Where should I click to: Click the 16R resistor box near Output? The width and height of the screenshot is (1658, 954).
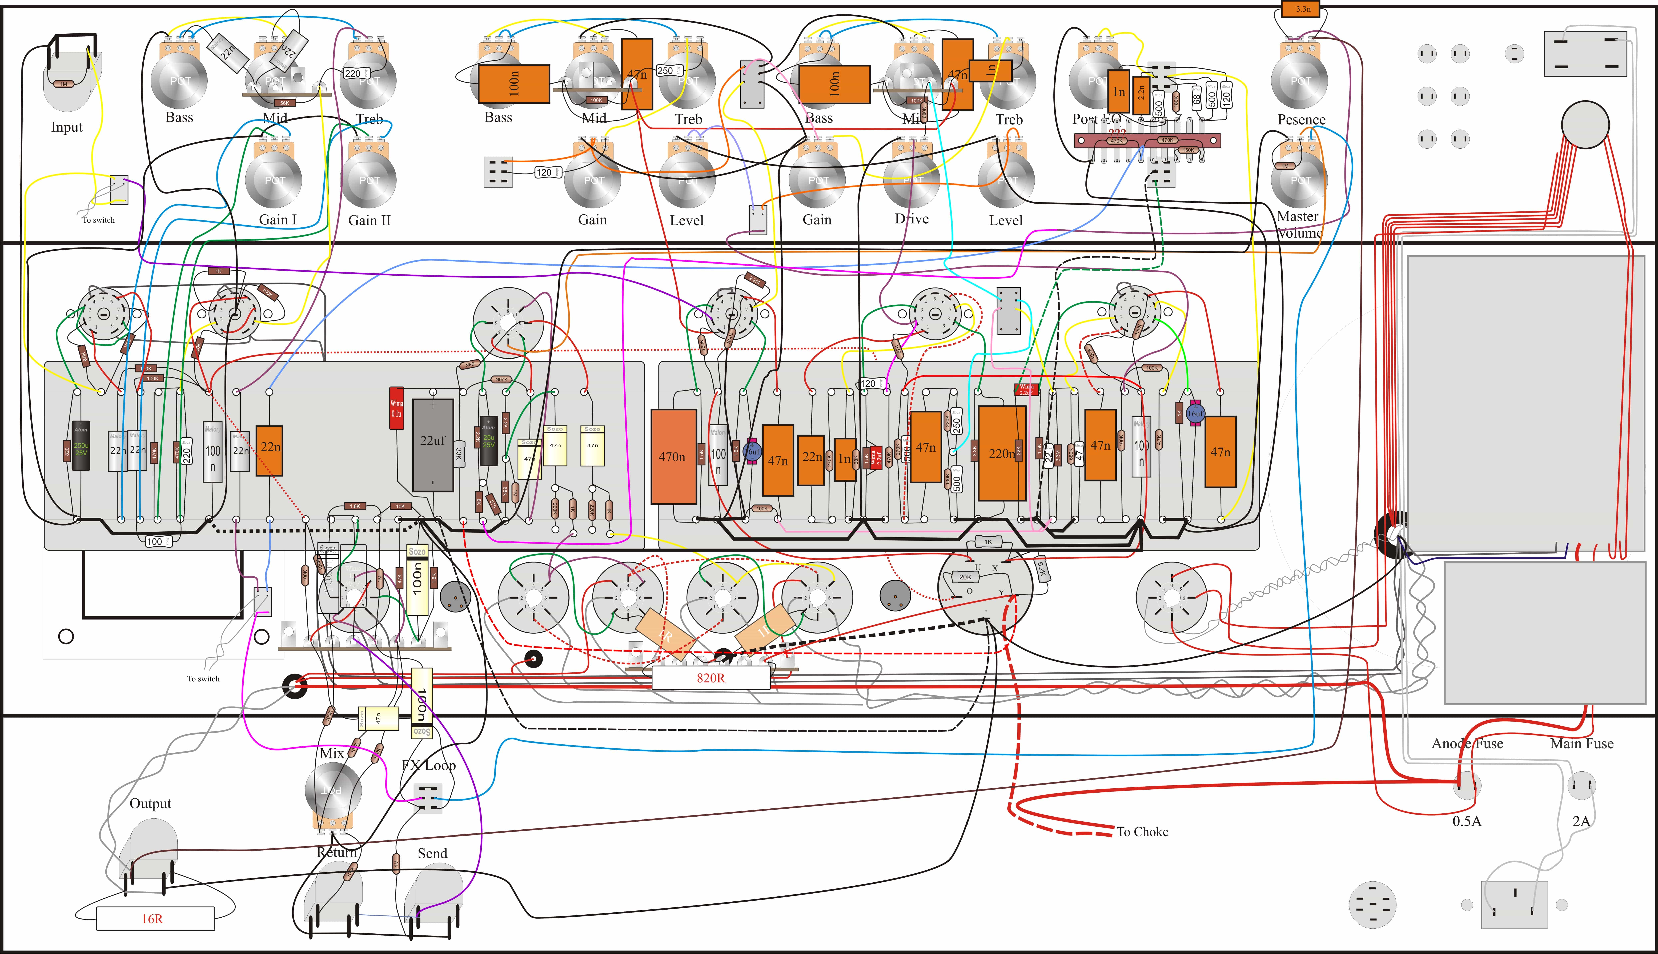coord(155,919)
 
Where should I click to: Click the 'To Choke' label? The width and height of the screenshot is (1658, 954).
coord(1142,832)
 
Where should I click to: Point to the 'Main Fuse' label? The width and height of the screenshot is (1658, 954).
coord(1581,744)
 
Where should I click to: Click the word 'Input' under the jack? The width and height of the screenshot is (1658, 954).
coord(67,127)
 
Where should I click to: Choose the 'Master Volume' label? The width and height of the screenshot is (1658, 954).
coord(1299,224)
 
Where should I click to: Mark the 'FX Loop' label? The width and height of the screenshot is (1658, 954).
coord(429,765)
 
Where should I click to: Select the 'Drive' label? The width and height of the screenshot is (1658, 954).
coord(912,219)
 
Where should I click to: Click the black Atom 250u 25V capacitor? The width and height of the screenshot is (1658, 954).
coord(81,446)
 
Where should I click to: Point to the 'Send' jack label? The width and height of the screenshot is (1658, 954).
coord(432,853)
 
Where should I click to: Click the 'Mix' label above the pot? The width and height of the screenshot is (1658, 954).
coord(331,753)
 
